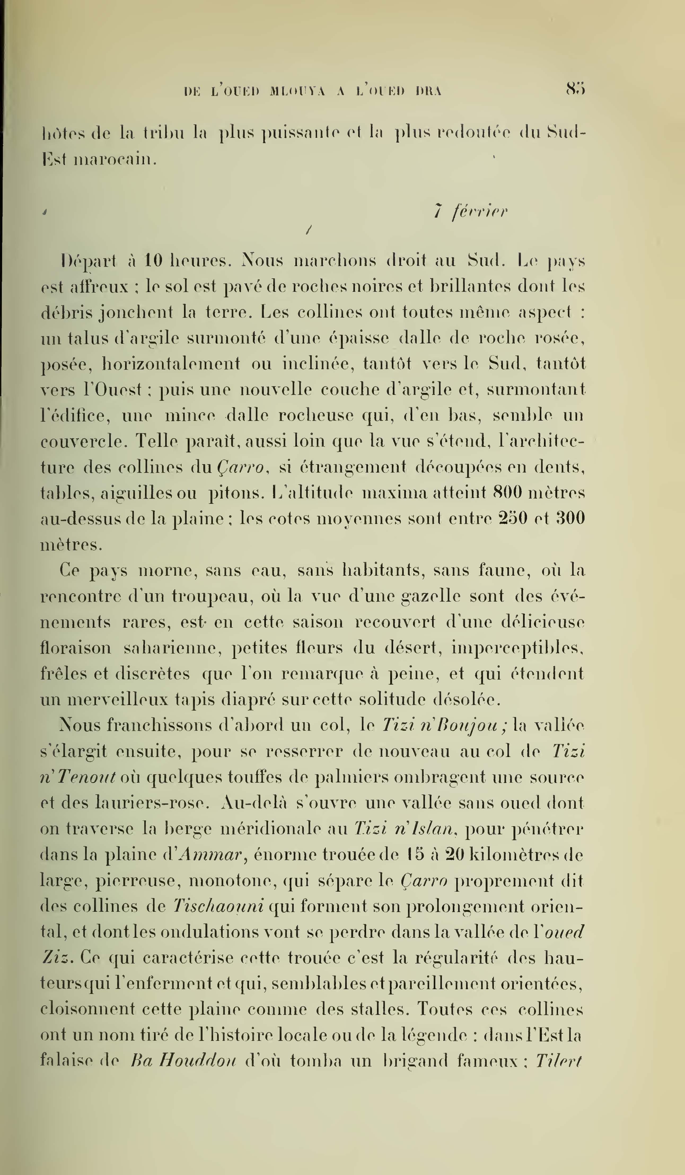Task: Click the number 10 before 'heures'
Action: (152, 260)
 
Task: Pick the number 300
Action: (570, 518)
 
